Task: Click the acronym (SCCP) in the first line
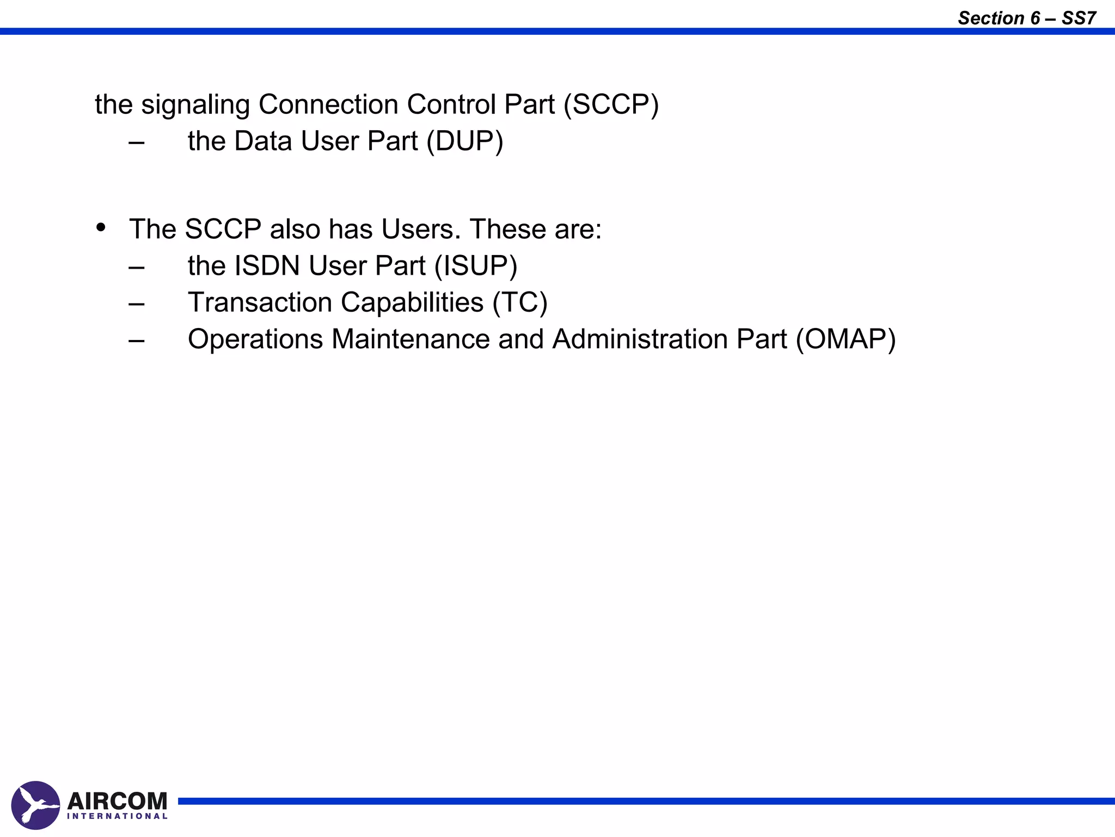point(611,105)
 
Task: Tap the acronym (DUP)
point(464,141)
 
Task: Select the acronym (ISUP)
point(475,266)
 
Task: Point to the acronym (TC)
point(519,302)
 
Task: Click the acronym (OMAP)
point(846,339)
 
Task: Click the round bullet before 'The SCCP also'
point(101,227)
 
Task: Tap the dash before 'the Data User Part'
point(137,143)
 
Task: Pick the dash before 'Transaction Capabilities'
point(137,304)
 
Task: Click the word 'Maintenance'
point(411,339)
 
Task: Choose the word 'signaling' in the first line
point(195,105)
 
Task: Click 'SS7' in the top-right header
point(1079,19)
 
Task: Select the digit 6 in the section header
point(1035,19)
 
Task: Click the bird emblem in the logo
point(35,805)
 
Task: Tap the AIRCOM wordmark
point(117,801)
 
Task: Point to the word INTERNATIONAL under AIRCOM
point(117,816)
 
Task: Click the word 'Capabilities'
point(412,302)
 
